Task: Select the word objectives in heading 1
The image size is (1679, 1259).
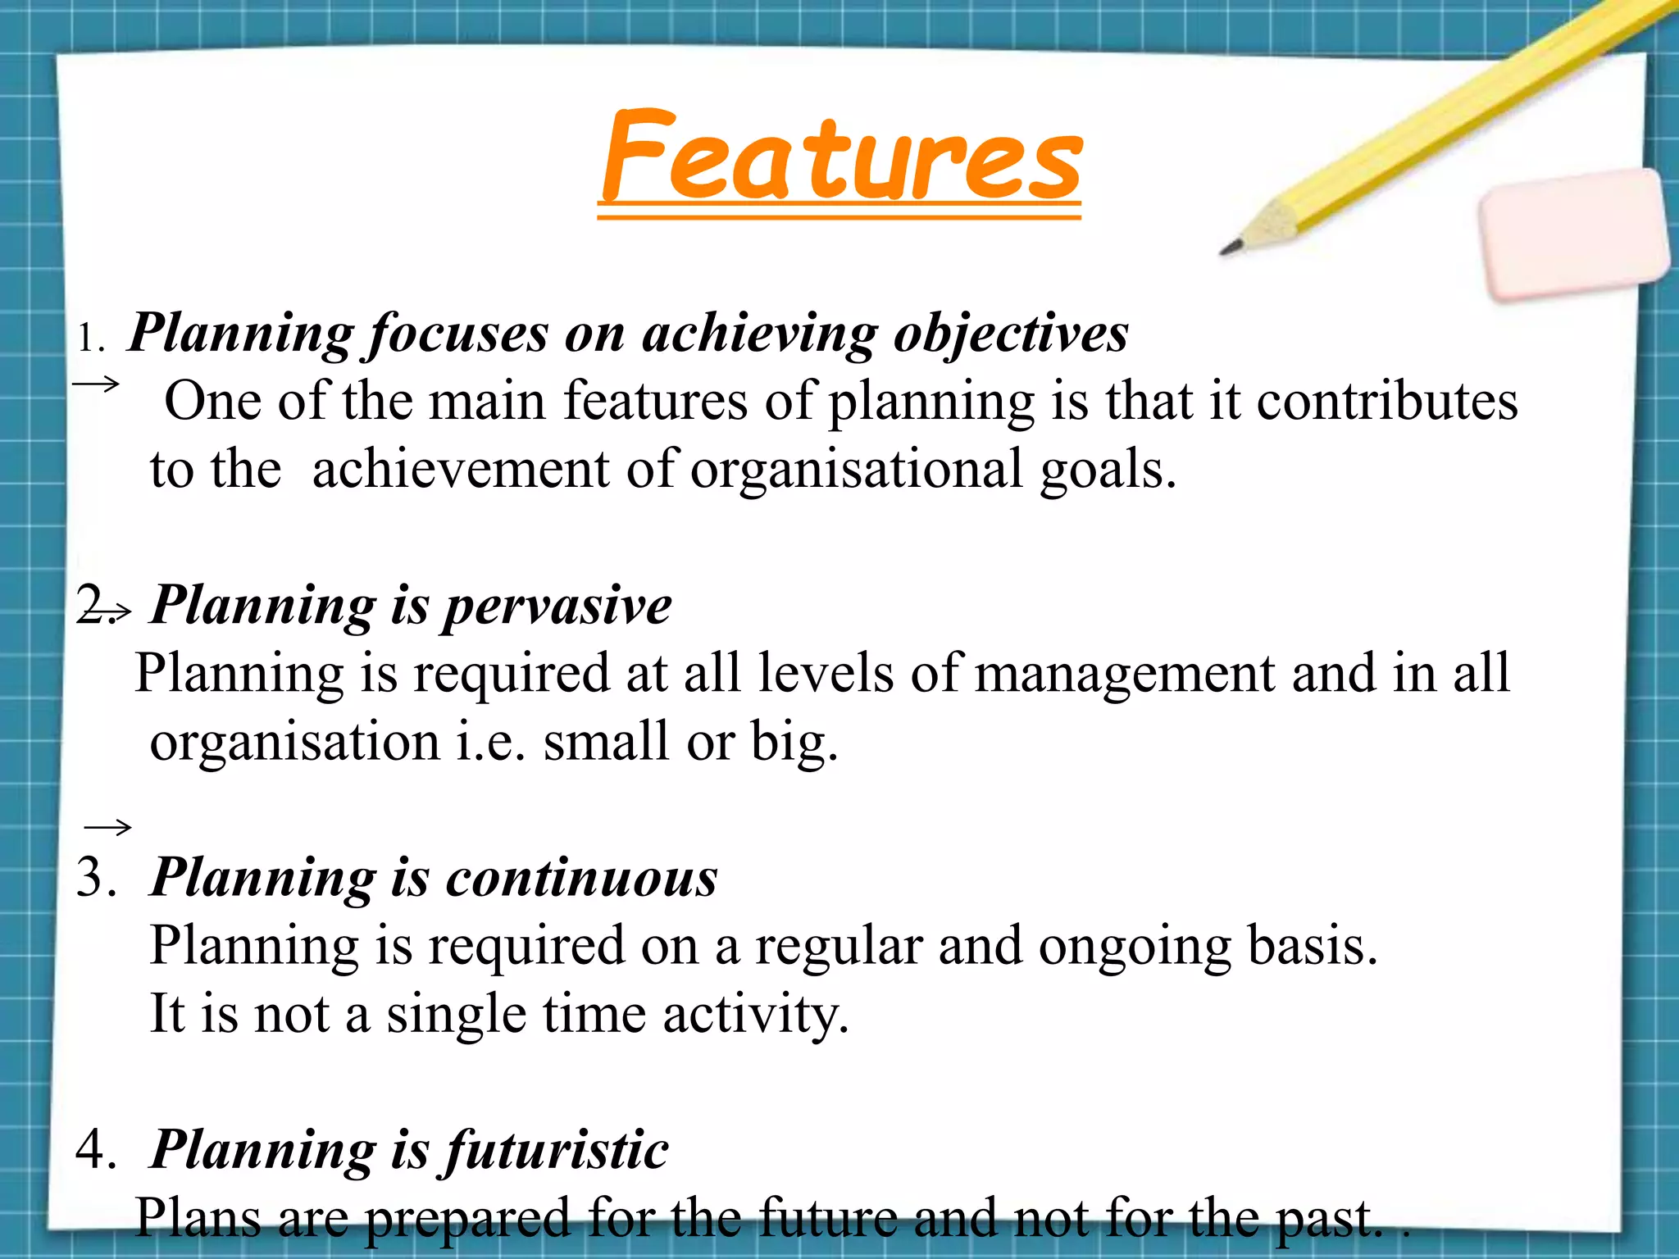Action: (x=1010, y=334)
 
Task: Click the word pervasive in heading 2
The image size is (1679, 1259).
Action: (x=557, y=607)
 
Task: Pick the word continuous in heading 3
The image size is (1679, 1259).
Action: (x=581, y=878)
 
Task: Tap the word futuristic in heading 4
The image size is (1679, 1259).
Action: (x=557, y=1150)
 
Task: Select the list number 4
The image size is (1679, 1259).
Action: (x=95, y=1150)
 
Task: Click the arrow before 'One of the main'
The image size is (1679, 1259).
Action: (x=97, y=383)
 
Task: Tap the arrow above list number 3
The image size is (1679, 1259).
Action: (x=107, y=827)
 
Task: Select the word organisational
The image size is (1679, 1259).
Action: (x=856, y=470)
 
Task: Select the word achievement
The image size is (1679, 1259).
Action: (x=461, y=470)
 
